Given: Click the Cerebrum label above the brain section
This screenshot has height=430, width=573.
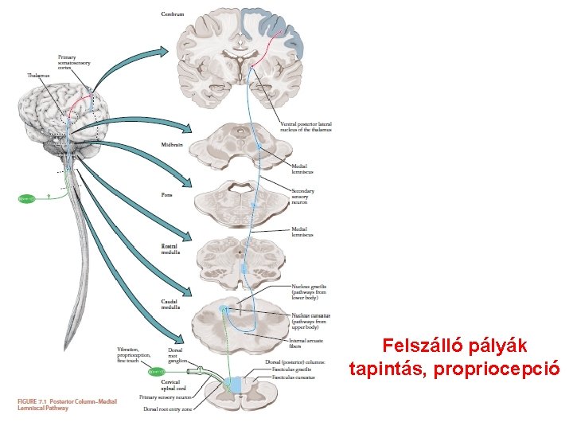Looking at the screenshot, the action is coord(173,14).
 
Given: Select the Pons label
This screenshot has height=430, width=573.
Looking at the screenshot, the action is coord(166,193).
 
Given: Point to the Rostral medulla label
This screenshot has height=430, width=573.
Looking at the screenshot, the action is coord(170,249).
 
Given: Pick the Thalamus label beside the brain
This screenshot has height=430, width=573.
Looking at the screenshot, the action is coord(37,76).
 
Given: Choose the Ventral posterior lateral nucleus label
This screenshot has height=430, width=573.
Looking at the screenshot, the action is coord(306,127).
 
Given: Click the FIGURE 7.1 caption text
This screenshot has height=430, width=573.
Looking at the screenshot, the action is coord(68,405).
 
